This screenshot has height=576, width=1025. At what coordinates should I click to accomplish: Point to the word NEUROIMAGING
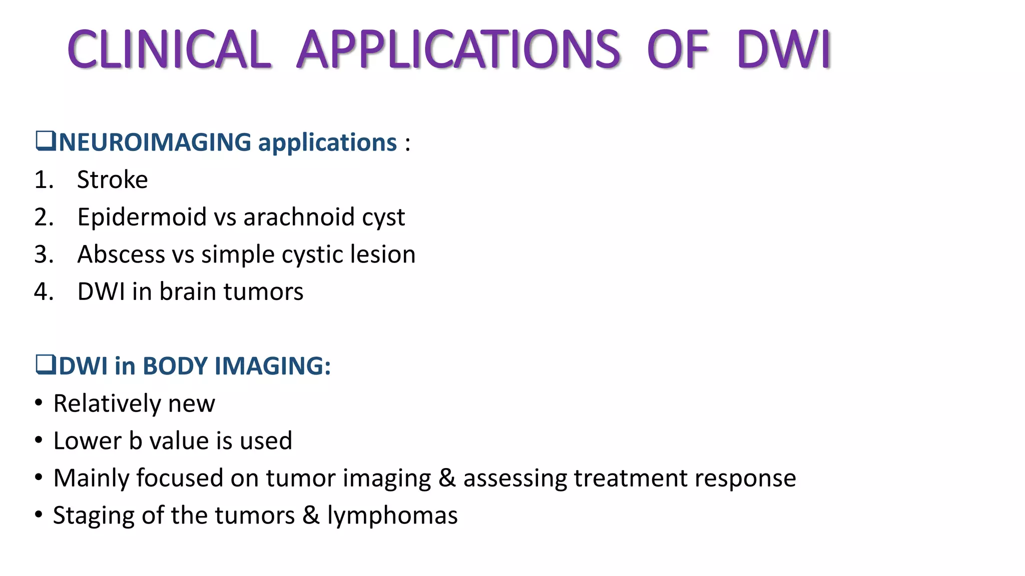(155, 142)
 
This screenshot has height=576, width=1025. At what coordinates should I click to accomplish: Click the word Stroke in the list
(113, 179)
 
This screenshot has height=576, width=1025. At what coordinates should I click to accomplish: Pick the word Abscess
(121, 254)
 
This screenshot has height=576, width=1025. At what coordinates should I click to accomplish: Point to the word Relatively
(106, 403)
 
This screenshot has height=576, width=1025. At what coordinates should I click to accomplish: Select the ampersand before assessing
(447, 478)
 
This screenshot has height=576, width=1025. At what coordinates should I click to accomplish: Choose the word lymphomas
(392, 516)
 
